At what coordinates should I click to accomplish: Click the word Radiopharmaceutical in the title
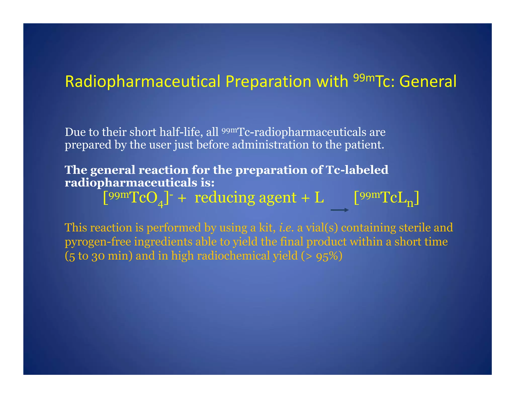[143, 82]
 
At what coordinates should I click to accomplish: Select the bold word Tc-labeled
[357, 170]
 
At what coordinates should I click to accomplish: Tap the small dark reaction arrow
[339, 210]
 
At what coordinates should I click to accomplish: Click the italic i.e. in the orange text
[286, 227]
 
